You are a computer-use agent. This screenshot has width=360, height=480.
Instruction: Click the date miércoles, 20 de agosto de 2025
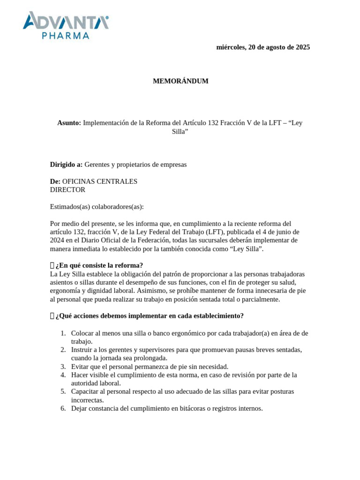[263, 47]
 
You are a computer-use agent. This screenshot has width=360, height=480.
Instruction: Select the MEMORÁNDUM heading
[180, 81]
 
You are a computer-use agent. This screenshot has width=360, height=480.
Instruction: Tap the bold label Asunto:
[69, 123]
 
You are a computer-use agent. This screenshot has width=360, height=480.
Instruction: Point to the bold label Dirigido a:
[66, 165]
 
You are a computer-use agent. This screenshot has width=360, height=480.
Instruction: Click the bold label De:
[55, 181]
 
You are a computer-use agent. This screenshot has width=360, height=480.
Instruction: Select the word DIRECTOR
[67, 190]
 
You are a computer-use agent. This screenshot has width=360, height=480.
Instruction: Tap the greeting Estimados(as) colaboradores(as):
[97, 207]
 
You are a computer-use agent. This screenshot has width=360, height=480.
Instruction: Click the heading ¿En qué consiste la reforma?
[99, 265]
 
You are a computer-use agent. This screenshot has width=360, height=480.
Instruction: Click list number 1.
[63, 333]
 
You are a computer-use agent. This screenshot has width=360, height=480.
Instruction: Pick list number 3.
[63, 367]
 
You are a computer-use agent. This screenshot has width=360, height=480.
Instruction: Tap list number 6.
[63, 408]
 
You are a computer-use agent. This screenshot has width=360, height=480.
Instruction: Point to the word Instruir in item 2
[82, 350]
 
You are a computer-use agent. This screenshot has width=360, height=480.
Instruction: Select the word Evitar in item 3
[80, 367]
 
